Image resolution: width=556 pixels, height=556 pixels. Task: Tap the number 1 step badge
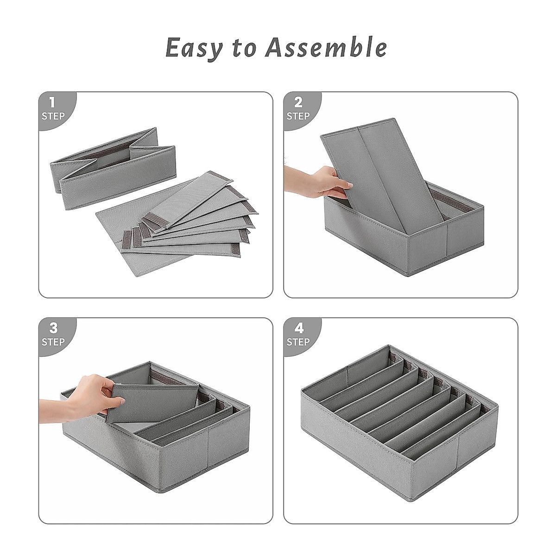coord(53,108)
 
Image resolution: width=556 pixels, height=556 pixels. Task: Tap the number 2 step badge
coord(298,108)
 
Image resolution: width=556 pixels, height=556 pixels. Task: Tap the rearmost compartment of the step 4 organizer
coord(366,371)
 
